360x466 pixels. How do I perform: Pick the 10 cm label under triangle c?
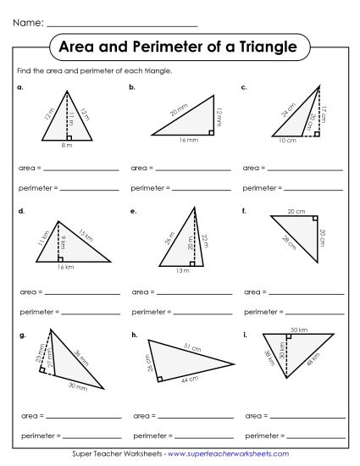click(288, 141)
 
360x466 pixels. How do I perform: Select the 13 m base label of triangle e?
click(181, 270)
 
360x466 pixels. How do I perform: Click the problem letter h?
click(134, 336)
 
